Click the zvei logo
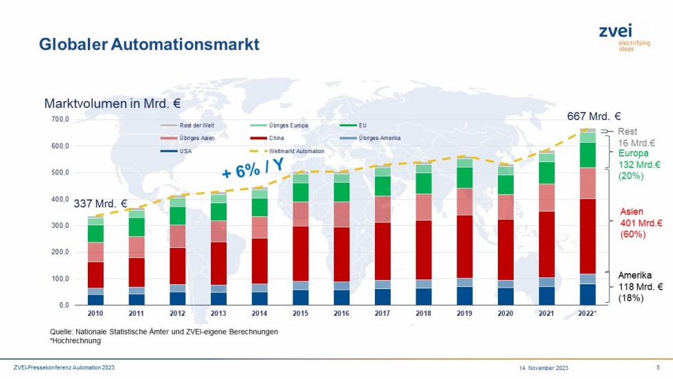(624, 37)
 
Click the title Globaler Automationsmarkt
(149, 44)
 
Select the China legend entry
(267, 138)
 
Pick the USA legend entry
(176, 151)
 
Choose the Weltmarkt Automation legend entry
(287, 151)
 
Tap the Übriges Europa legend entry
(279, 126)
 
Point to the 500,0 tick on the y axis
(60, 172)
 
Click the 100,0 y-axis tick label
(60, 279)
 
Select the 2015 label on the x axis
(301, 313)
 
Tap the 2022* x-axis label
(587, 313)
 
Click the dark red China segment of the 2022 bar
(588, 236)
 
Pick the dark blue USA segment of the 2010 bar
(95, 299)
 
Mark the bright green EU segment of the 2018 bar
(424, 183)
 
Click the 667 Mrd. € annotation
(593, 116)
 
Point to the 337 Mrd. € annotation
(100, 203)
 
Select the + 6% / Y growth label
(253, 168)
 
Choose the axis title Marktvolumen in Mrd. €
(113, 104)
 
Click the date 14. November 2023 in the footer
(543, 368)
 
